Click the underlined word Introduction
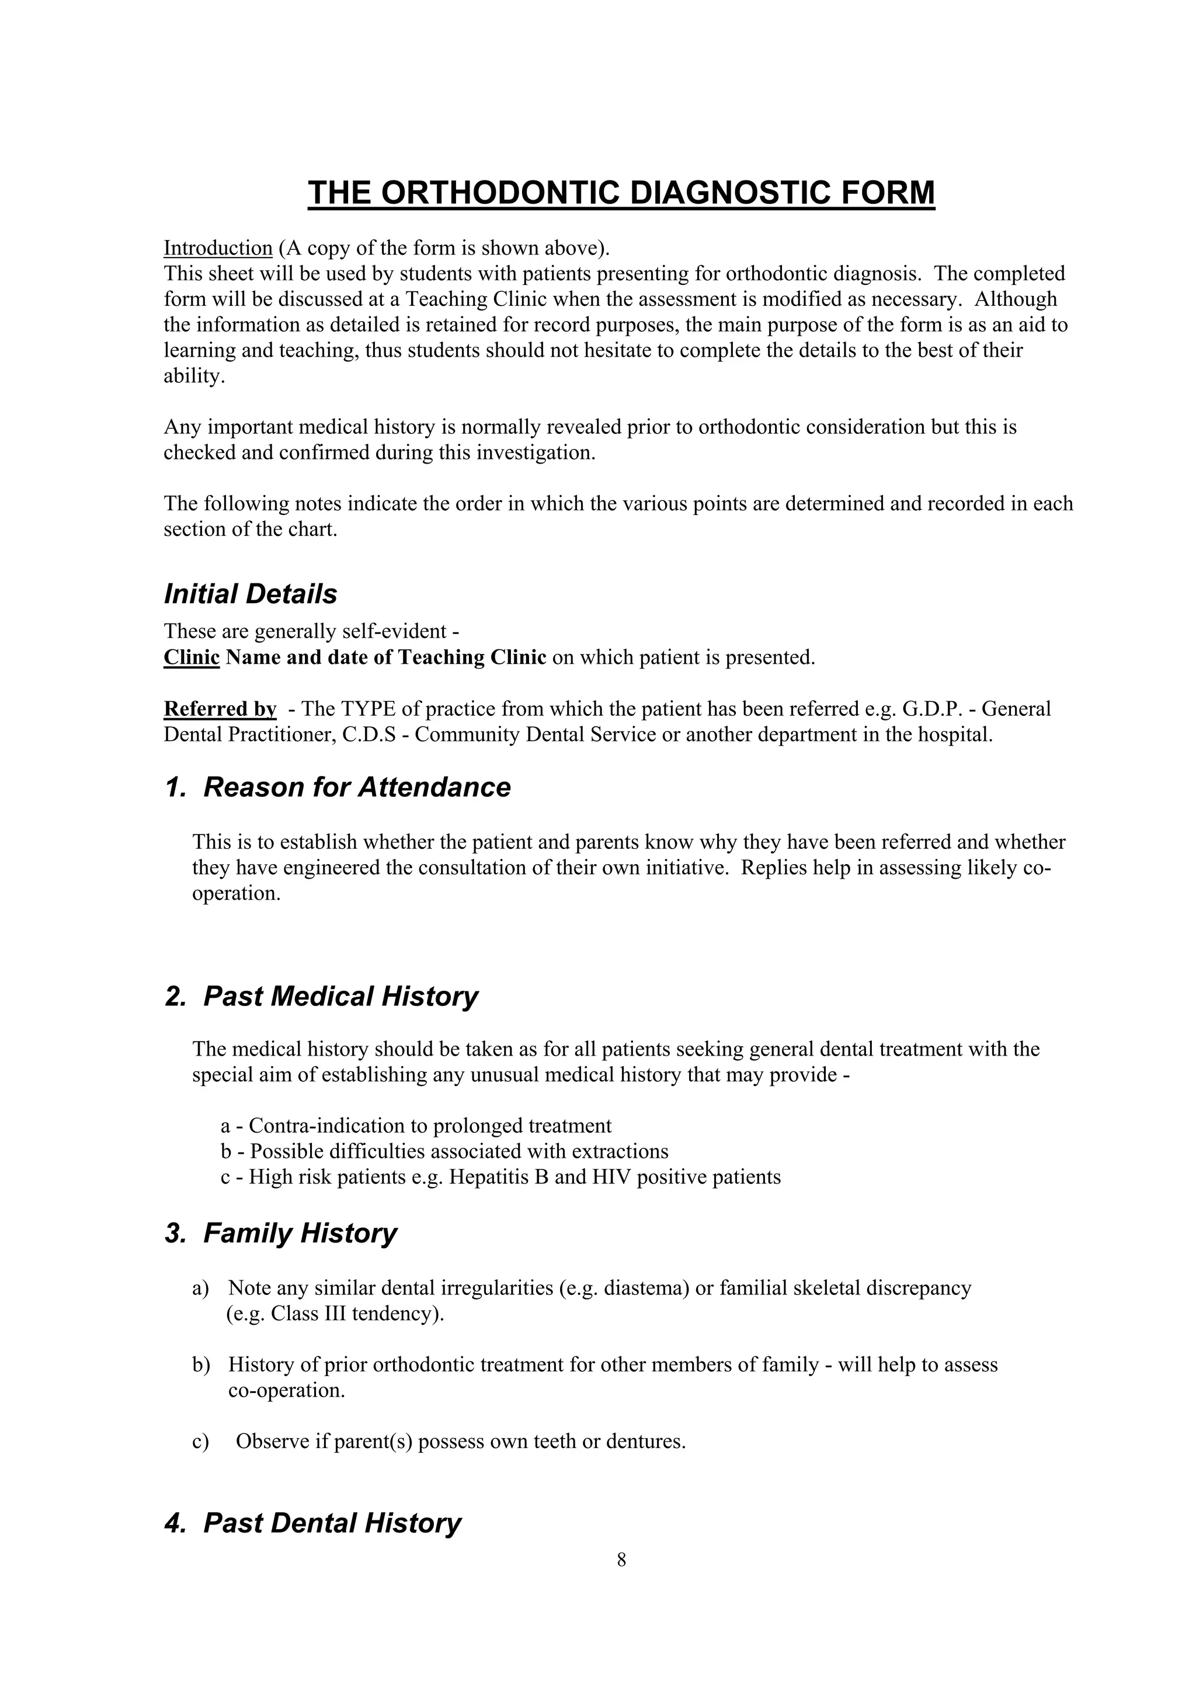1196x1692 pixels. (x=218, y=248)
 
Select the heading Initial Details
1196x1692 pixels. (x=251, y=594)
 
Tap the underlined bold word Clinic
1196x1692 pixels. (x=192, y=657)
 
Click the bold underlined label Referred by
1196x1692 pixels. (x=220, y=708)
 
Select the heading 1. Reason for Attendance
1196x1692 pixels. (x=338, y=787)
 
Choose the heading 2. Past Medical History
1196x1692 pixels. (x=321, y=996)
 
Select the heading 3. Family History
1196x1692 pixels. (x=281, y=1233)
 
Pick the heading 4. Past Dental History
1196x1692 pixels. (x=313, y=1523)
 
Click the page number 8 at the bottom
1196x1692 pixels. (x=621, y=1559)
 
